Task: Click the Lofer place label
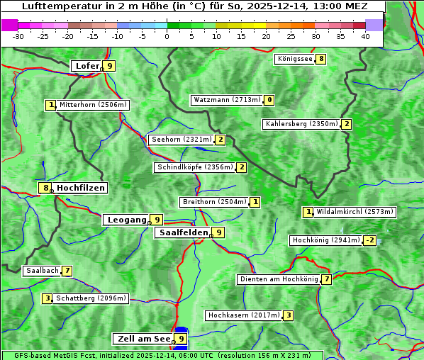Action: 87,66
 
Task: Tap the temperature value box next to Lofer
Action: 108,66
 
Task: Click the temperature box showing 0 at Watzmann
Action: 269,100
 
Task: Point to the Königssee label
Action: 295,59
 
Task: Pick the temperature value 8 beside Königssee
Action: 321,59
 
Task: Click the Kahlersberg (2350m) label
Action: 301,124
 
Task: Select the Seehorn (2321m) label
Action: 182,140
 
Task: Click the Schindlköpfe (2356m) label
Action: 194,167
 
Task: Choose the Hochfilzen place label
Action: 81,188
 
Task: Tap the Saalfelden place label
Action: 184,232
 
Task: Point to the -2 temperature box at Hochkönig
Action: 370,240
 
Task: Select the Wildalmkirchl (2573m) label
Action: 355,211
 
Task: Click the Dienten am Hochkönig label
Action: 279,279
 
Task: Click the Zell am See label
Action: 144,339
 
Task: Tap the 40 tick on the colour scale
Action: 364,36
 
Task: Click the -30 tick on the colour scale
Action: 18,36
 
